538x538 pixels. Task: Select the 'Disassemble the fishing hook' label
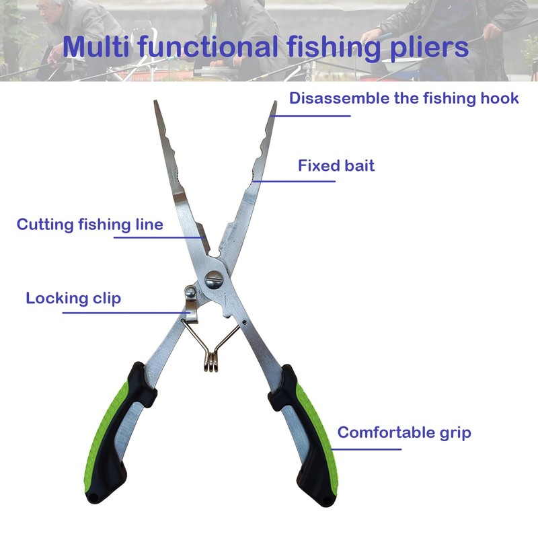click(403, 98)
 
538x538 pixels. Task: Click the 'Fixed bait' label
click(336, 165)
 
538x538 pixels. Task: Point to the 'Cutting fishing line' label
click(89, 224)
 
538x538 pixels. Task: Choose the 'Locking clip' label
click(73, 298)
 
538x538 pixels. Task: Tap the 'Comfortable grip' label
click(404, 432)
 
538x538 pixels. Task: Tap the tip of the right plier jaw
click(274, 105)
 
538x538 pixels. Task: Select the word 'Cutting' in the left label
click(44, 224)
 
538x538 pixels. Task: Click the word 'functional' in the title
click(216, 48)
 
